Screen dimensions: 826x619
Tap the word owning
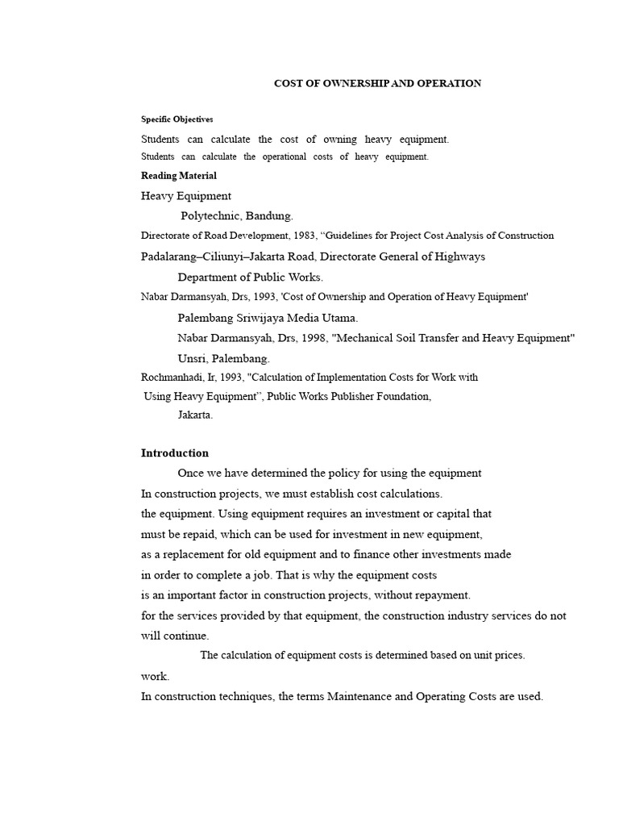[x=341, y=139]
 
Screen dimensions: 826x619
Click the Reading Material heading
[x=179, y=175]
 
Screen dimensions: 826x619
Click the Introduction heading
[x=175, y=453]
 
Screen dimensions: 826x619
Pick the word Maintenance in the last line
[x=359, y=696]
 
